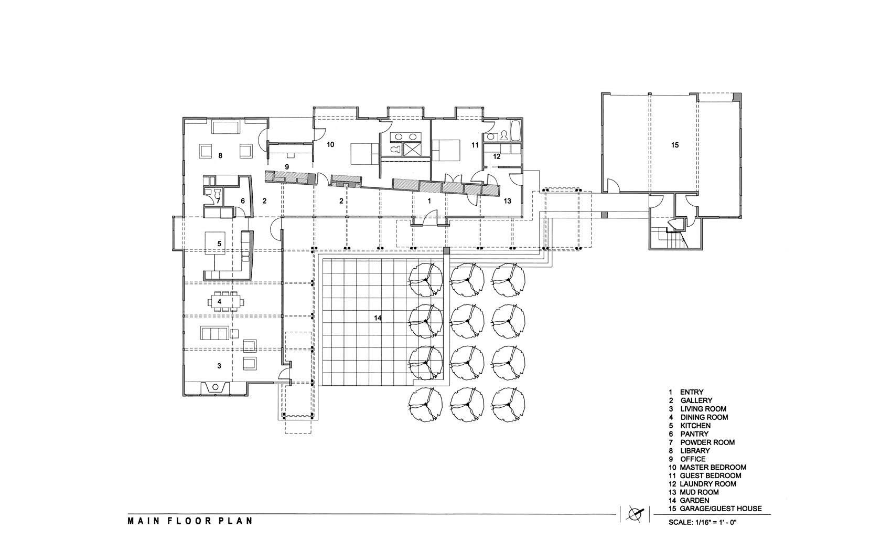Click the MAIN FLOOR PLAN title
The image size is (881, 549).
click(x=190, y=521)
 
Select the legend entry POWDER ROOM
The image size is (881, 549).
click(x=707, y=442)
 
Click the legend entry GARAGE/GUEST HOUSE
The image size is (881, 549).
click(x=721, y=509)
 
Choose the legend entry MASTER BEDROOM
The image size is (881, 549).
click(x=713, y=467)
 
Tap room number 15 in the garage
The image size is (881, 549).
click(x=675, y=145)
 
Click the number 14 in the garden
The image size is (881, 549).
click(x=378, y=318)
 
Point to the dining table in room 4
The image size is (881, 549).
click(x=225, y=302)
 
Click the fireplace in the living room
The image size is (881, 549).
click(x=215, y=387)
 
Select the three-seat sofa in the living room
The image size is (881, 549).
click(x=214, y=333)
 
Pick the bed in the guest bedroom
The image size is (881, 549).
click(x=446, y=152)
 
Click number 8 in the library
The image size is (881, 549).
click(x=220, y=156)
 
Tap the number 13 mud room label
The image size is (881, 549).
click(x=508, y=201)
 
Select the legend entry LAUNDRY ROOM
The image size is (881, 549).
click(x=708, y=484)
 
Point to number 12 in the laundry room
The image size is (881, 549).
click(x=497, y=156)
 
